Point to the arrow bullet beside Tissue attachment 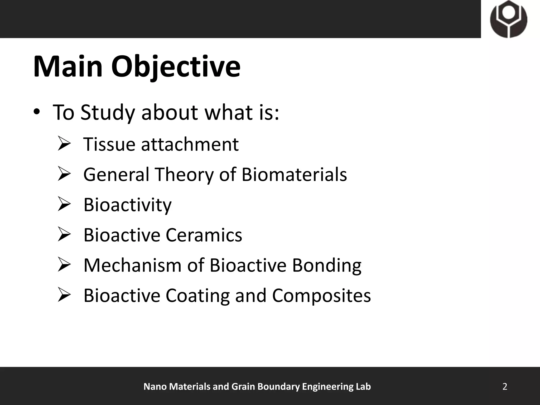click(x=64, y=144)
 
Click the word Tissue click(x=109, y=144)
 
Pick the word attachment click(x=190, y=144)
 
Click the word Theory click(x=184, y=175)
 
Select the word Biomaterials click(x=294, y=175)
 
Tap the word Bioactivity click(x=127, y=205)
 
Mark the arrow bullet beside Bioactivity click(x=64, y=204)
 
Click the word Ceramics click(x=204, y=235)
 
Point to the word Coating click(x=197, y=296)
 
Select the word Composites click(x=321, y=296)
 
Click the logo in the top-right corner click(x=509, y=19)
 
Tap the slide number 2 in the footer click(x=505, y=387)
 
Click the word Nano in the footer click(x=155, y=387)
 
